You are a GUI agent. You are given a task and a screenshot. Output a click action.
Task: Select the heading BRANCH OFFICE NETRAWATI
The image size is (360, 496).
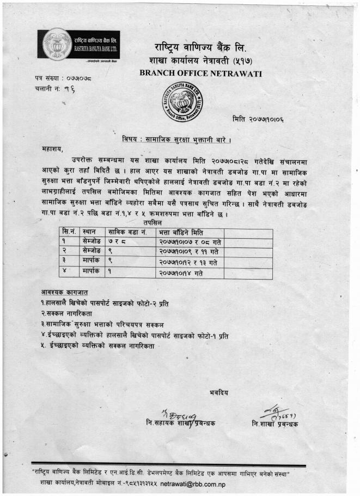(200, 73)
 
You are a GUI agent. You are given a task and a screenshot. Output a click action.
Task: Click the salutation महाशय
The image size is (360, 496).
(52, 148)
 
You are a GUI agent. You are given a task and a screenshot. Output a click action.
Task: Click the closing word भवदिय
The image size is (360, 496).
(219, 392)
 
